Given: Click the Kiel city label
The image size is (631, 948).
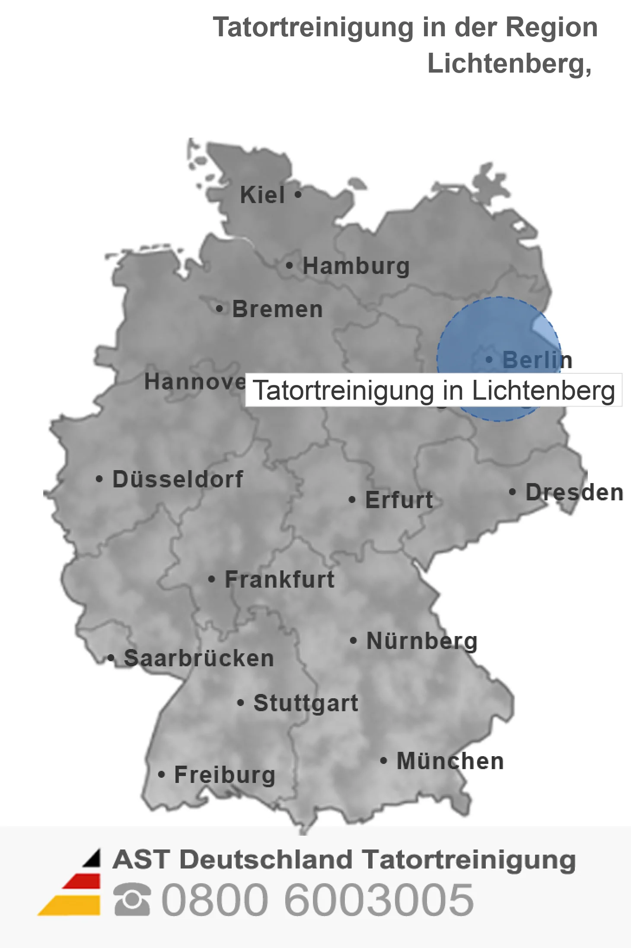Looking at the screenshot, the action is click(262, 195).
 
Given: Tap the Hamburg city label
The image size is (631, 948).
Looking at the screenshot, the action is click(356, 266).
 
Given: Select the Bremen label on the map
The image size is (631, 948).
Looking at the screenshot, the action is click(277, 309).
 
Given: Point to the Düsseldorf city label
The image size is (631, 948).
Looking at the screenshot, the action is click(178, 479).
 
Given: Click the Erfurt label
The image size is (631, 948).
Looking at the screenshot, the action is click(399, 500).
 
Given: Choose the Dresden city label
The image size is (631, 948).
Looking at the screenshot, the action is click(574, 492).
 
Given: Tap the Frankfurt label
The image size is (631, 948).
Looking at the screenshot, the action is click(280, 579).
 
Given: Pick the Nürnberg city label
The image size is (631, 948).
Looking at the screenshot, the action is click(422, 641).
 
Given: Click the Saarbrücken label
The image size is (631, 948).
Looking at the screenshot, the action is click(199, 659).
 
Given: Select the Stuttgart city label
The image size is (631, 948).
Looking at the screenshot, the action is click(306, 703).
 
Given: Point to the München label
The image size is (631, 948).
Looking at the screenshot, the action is click(450, 761).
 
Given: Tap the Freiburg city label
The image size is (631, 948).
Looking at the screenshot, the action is click(225, 775).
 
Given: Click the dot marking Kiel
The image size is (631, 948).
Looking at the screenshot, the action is click(298, 194).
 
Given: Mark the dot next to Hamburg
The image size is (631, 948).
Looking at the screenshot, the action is click(290, 265).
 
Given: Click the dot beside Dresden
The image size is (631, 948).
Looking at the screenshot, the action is click(512, 491).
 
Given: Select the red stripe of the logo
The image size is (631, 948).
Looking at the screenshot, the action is click(82, 881).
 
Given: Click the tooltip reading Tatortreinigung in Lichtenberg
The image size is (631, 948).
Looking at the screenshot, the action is click(433, 390).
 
